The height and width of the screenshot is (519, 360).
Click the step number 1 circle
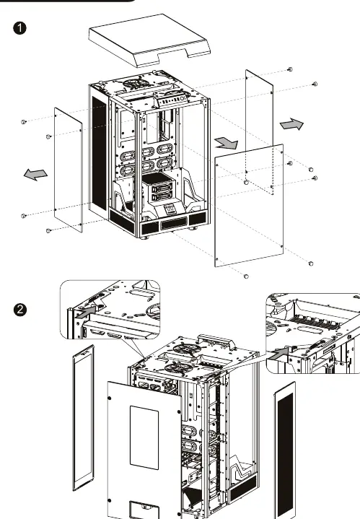pyautogui.click(x=20, y=28)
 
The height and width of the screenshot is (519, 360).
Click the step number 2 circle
pyautogui.click(x=20, y=310)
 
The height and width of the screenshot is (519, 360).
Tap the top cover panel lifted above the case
pyautogui.click(x=149, y=40)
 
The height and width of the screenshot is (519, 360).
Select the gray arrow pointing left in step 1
pyautogui.click(x=35, y=174)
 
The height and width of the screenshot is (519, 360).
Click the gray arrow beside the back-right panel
pyautogui.click(x=291, y=124)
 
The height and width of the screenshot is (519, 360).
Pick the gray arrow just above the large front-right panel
pyautogui.click(x=227, y=144)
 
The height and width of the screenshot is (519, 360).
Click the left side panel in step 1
pyautogui.click(x=68, y=170)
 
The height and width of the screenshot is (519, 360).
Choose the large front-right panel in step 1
pyautogui.click(x=249, y=205)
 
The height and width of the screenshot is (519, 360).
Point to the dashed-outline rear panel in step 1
pyautogui.click(x=259, y=132)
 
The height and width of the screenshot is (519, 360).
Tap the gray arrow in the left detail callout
pyautogui.click(x=86, y=312)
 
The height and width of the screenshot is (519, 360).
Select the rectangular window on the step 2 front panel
pyautogui.click(x=144, y=437)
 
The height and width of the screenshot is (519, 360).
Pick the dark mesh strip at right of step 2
pyautogui.click(x=285, y=450)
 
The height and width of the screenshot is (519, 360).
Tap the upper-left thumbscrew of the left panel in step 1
pyautogui.click(x=24, y=122)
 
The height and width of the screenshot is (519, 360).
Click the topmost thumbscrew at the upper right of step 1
pyautogui.click(x=290, y=69)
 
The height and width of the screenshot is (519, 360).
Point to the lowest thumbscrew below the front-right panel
pyautogui.click(x=246, y=276)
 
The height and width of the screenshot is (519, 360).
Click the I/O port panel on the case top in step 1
pyautogui.click(x=172, y=100)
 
